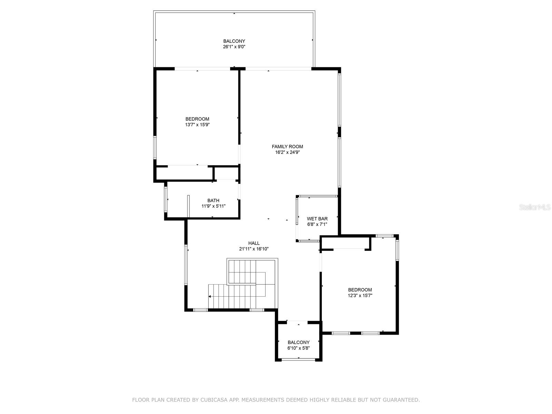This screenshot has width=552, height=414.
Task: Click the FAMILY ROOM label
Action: tap(287, 147)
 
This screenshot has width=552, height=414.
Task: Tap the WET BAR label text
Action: tap(317, 219)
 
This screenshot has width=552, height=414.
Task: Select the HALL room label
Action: tap(254, 243)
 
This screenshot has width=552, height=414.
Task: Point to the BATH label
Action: tap(213, 200)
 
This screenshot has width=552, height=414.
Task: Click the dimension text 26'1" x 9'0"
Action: tap(234, 47)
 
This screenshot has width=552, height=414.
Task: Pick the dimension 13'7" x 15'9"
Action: tap(197, 125)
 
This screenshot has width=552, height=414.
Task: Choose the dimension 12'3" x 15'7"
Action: tap(360, 296)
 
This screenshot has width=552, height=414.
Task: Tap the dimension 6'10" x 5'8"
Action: tap(298, 348)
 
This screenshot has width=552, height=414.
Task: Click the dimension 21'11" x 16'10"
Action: tap(254, 249)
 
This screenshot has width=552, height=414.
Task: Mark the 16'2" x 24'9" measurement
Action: tap(287, 152)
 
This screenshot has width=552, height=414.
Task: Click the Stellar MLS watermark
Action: tap(535, 207)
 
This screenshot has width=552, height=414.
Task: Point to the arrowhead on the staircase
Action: tap(209, 297)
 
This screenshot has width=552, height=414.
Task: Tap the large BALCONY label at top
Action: tap(234, 41)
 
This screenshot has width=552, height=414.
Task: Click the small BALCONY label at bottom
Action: tap(298, 342)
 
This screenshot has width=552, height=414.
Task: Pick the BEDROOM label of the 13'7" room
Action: tap(197, 119)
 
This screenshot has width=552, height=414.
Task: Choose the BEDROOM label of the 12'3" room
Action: tap(360, 290)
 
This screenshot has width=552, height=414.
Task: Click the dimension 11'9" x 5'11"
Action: tap(213, 206)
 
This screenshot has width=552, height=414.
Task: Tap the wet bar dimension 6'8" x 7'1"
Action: tap(317, 225)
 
